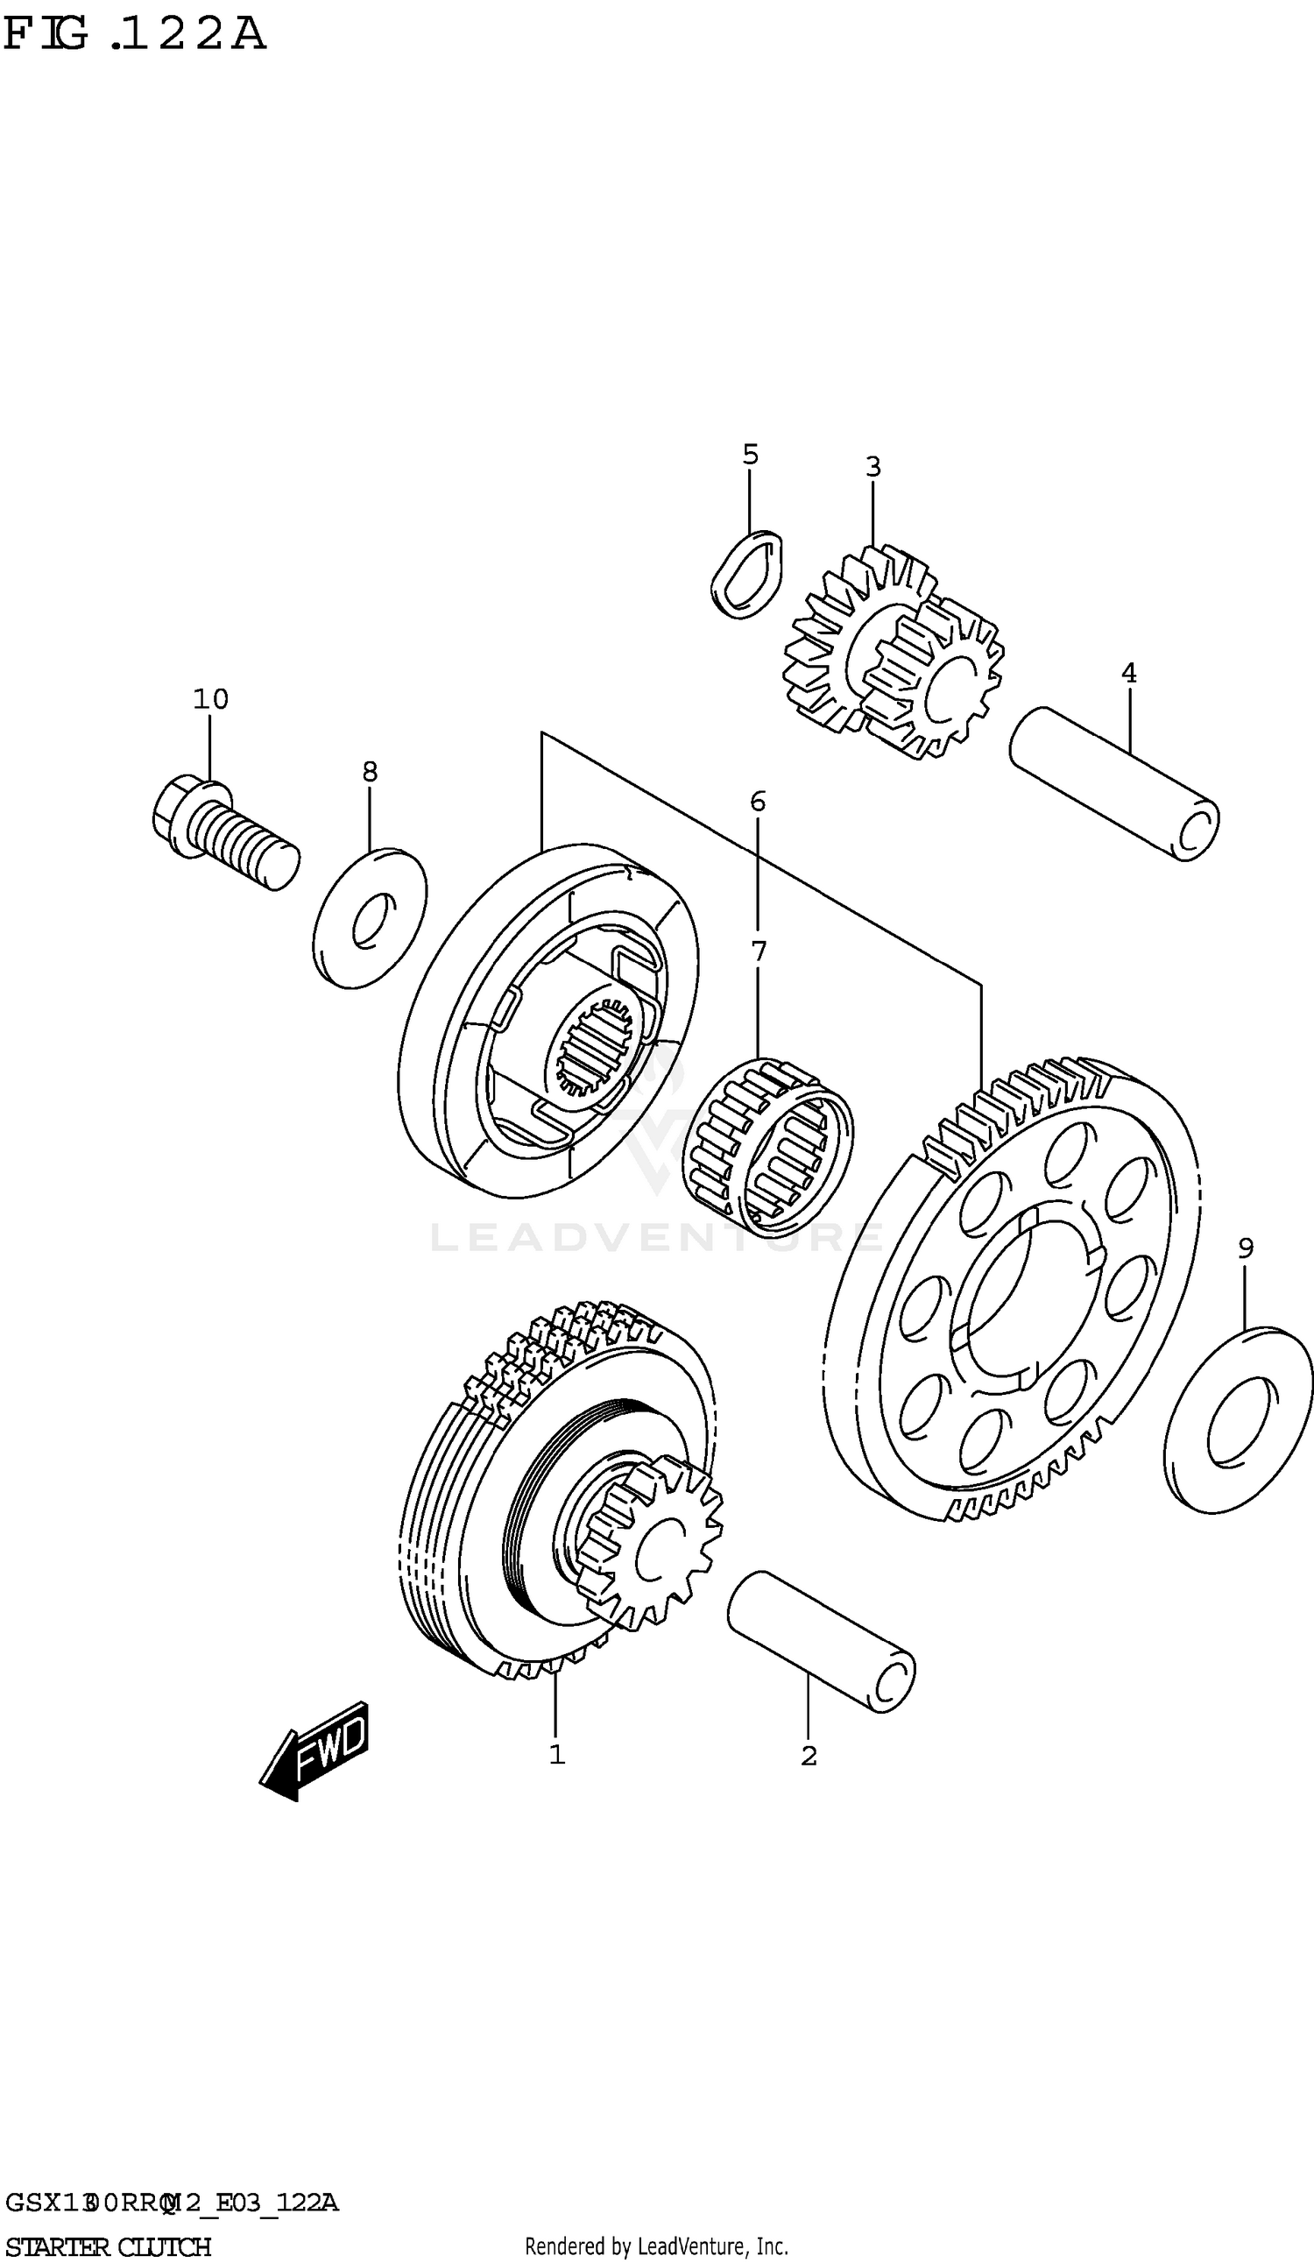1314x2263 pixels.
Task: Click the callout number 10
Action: tap(210, 698)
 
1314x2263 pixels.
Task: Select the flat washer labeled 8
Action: tap(369, 918)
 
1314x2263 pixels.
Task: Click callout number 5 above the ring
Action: tap(750, 455)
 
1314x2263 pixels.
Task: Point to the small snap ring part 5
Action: tap(746, 574)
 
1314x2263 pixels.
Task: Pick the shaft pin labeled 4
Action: tap(1113, 784)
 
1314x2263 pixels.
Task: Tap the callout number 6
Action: tap(757, 801)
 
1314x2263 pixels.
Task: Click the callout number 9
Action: tap(1245, 1248)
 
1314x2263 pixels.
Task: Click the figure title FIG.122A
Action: tap(135, 34)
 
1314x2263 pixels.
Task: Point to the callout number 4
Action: tap(1128, 673)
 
